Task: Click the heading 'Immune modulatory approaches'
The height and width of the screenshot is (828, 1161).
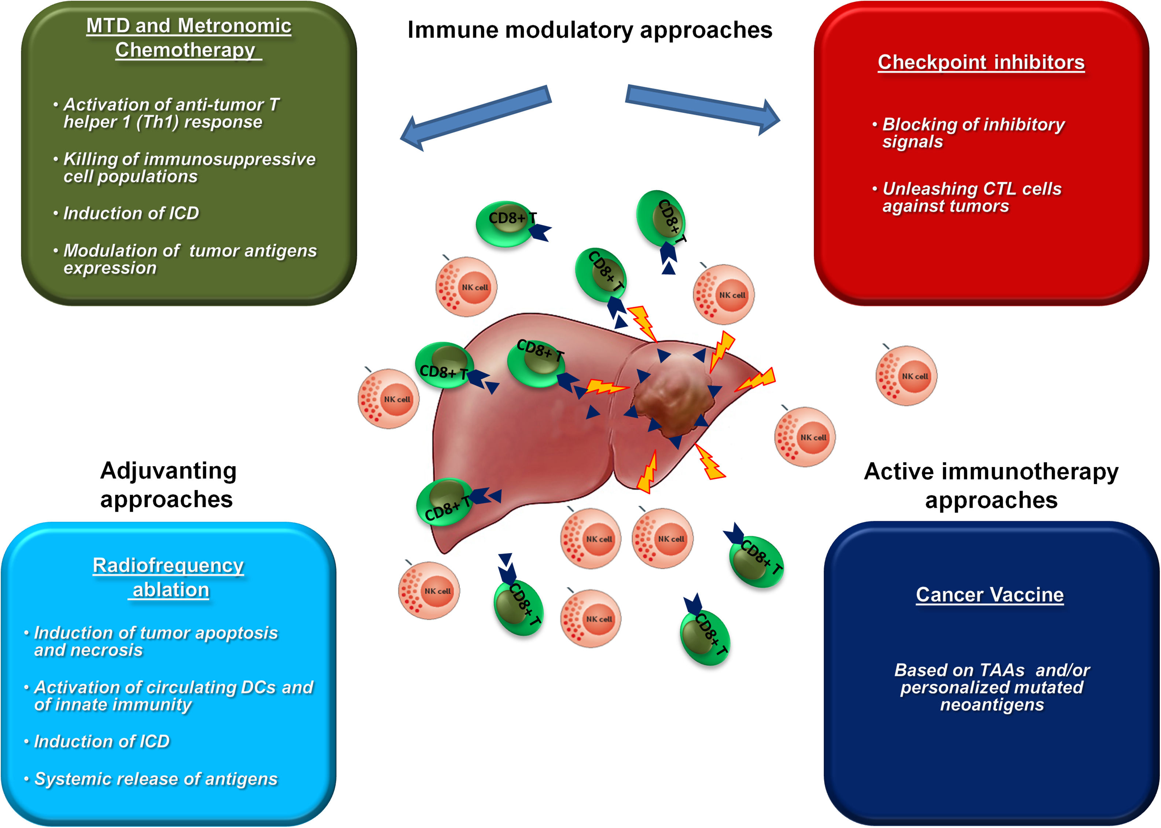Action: tap(589, 30)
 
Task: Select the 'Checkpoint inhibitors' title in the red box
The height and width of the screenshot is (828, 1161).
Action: tap(981, 62)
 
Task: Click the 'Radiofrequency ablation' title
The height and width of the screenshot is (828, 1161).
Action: tap(168, 577)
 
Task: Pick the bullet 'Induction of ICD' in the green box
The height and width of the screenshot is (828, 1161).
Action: tap(131, 213)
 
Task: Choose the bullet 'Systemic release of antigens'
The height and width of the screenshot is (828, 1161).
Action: tap(155, 779)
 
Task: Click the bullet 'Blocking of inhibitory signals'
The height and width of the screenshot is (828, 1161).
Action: tap(973, 133)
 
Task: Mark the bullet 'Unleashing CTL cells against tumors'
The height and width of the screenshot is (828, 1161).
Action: tap(971, 197)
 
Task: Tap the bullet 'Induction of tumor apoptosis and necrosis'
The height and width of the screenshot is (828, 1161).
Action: tap(155, 641)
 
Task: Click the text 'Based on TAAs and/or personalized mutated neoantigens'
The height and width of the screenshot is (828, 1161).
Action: tap(991, 687)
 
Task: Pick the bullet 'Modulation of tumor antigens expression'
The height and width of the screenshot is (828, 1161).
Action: tap(190, 259)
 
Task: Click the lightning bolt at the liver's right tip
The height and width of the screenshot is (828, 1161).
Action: tap(757, 380)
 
